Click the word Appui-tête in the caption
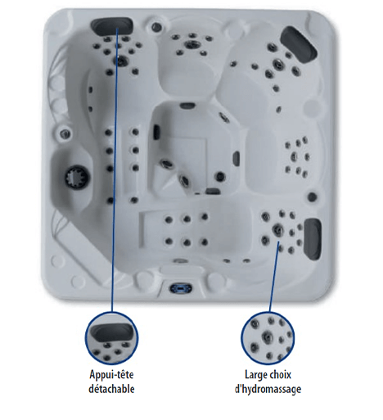(x=111, y=374)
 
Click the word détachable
(x=111, y=389)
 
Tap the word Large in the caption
(x=255, y=375)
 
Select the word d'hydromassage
(x=268, y=389)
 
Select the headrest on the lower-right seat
(x=312, y=239)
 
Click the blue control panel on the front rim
(x=181, y=287)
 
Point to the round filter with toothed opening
(x=76, y=178)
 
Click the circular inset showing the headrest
(x=111, y=338)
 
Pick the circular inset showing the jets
(x=268, y=338)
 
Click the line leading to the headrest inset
(x=115, y=169)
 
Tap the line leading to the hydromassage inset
(x=274, y=277)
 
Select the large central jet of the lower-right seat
(x=277, y=230)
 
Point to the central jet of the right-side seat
(x=294, y=156)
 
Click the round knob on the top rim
(x=156, y=26)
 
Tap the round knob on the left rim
(x=65, y=134)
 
